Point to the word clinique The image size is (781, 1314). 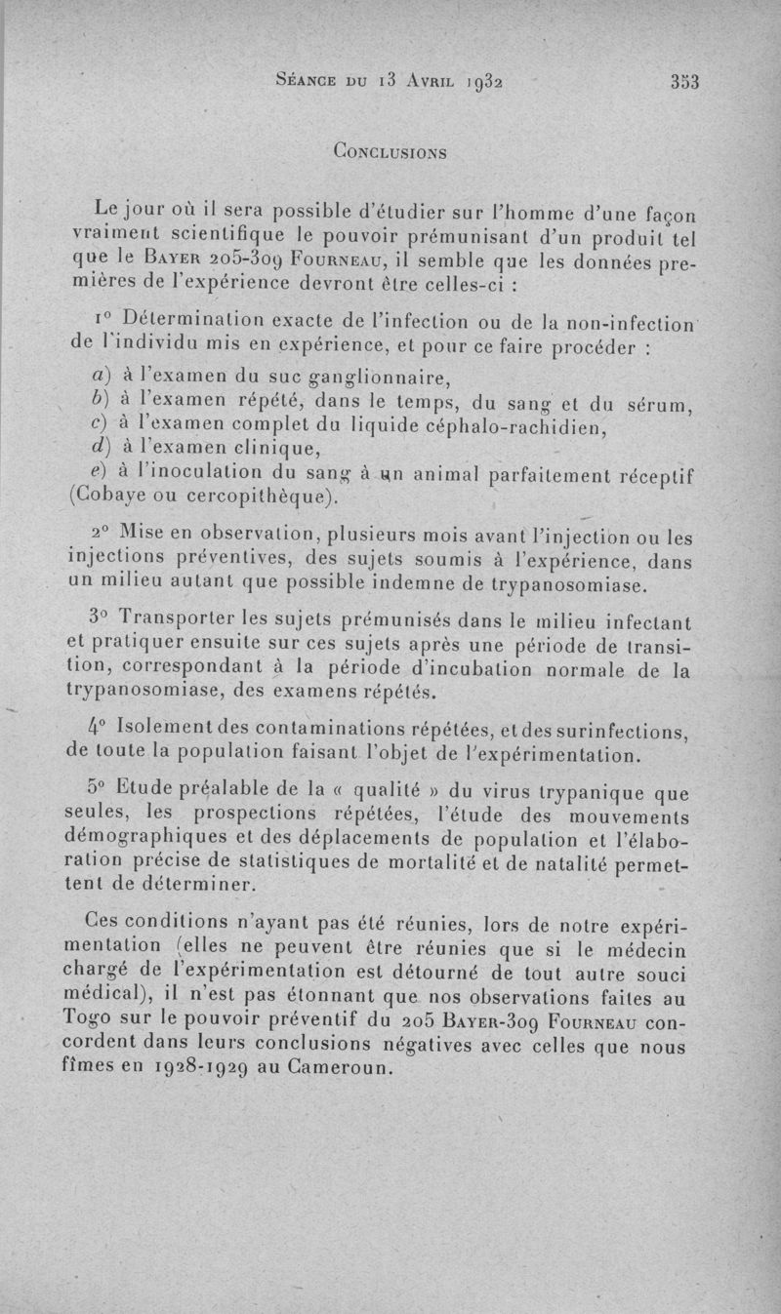click(x=276, y=450)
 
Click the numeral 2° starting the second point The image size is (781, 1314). click(x=99, y=536)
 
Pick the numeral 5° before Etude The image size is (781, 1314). click(x=96, y=787)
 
